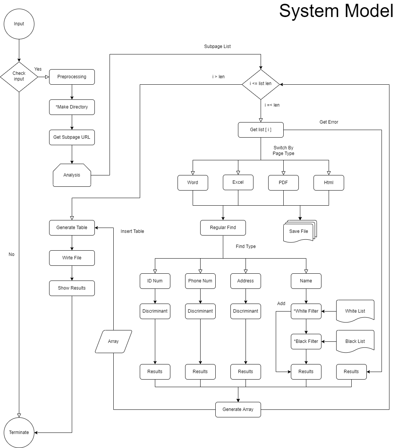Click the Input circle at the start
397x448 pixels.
click(19, 24)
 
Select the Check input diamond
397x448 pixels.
click(19, 76)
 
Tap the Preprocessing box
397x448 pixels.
click(72, 77)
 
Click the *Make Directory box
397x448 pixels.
click(72, 107)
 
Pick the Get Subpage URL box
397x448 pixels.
click(72, 137)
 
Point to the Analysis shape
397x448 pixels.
click(72, 175)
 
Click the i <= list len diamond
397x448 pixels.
click(261, 84)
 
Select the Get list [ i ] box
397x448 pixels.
click(261, 130)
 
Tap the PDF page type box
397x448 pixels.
click(283, 183)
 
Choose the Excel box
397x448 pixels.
click(238, 182)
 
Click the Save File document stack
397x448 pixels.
click(300, 231)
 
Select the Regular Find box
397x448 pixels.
click(223, 228)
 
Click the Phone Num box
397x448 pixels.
click(200, 281)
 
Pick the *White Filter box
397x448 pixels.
click(306, 311)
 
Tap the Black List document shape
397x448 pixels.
click(355, 341)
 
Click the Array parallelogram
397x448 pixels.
click(113, 341)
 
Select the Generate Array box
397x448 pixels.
click(238, 409)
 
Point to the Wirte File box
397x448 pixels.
click(72, 258)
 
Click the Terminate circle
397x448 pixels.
click(19, 432)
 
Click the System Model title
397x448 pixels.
click(336, 11)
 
